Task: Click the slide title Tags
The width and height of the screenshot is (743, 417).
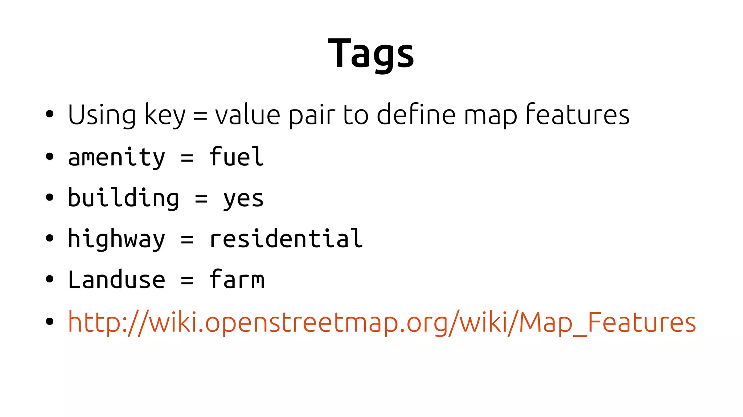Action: pyautogui.click(x=371, y=54)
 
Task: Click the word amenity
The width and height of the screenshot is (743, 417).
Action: pyautogui.click(x=116, y=158)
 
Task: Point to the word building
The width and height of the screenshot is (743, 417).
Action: pyautogui.click(x=123, y=198)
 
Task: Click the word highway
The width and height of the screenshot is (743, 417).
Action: pyautogui.click(x=116, y=239)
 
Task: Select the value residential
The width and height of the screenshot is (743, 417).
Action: pyautogui.click(x=286, y=239)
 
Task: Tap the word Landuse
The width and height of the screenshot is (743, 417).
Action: pyautogui.click(x=116, y=280)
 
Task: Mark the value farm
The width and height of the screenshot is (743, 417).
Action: pyautogui.click(x=237, y=280)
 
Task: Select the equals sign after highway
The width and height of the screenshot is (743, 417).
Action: pyautogui.click(x=187, y=239)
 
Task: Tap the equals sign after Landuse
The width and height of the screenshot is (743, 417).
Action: pyautogui.click(x=187, y=280)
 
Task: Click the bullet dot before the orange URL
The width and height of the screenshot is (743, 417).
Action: pyautogui.click(x=50, y=321)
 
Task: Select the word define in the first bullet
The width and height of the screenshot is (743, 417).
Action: pyautogui.click(x=416, y=115)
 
